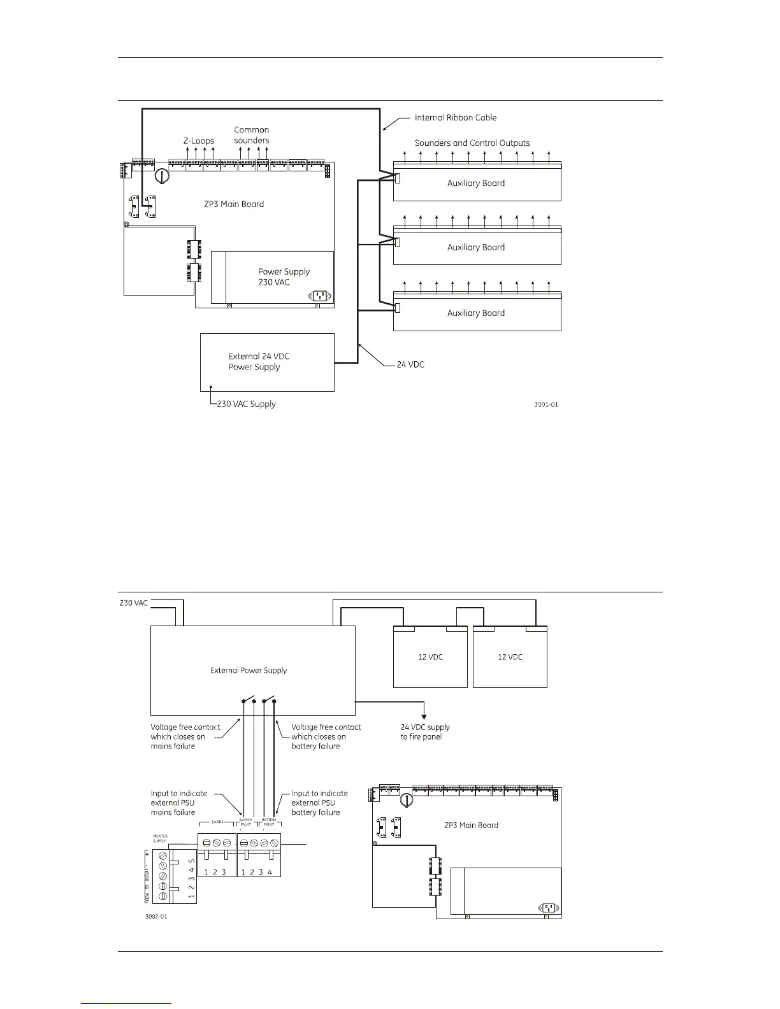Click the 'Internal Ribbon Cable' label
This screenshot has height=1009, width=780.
[455, 118]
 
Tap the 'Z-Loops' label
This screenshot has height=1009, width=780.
[199, 141]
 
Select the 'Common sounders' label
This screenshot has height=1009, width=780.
[252, 135]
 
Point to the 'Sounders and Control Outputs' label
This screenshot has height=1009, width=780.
[472, 143]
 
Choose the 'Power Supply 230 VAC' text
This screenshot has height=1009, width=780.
[284, 277]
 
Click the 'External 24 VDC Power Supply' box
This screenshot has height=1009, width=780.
[267, 362]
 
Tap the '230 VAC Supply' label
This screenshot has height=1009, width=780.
[246, 404]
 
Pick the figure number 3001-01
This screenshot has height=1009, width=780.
[546, 404]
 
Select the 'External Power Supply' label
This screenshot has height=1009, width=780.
[249, 671]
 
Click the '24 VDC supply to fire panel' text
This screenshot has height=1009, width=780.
[425, 732]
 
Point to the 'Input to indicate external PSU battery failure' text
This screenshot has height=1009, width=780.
[319, 803]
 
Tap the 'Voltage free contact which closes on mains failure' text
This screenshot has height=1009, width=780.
[185, 736]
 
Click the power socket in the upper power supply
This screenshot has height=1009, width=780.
[319, 296]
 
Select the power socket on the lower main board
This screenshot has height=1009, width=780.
[547, 908]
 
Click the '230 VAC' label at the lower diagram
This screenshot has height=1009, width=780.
[134, 603]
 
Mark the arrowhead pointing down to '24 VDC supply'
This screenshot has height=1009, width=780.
[424, 716]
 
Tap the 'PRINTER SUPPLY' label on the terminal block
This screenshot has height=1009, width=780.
[159, 838]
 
